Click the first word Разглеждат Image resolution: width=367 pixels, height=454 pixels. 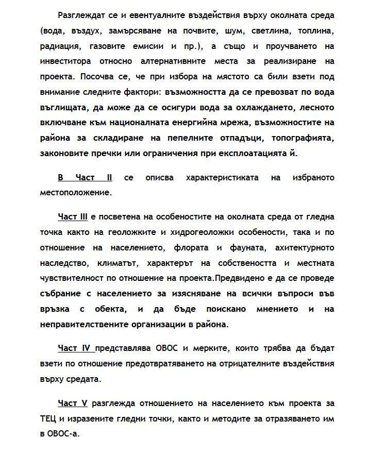click(85, 14)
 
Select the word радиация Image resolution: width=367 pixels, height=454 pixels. click(58, 46)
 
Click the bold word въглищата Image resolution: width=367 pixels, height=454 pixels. click(61, 108)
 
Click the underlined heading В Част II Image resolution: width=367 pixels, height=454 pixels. click(85, 178)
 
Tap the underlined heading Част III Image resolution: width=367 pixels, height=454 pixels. click(74, 216)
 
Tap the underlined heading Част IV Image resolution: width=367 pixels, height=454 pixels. click(75, 349)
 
